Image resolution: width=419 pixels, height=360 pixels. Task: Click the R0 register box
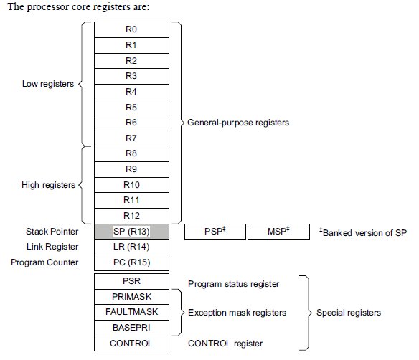point(131,29)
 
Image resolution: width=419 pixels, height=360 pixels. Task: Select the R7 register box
point(131,138)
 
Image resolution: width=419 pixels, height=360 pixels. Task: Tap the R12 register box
point(131,216)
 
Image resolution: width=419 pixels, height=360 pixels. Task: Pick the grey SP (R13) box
point(131,232)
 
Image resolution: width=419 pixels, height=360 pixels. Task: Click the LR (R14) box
point(131,247)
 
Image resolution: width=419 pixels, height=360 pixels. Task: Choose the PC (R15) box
point(131,262)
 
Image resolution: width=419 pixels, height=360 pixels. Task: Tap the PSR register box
point(131,281)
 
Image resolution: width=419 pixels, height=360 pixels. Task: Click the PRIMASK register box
point(131,297)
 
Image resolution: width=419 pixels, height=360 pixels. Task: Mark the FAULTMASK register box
point(131,312)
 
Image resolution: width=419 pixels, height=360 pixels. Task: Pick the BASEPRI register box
point(131,328)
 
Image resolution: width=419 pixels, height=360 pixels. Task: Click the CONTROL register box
point(131,344)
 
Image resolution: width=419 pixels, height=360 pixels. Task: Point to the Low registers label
point(48,84)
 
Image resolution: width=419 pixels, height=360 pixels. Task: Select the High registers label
point(48,185)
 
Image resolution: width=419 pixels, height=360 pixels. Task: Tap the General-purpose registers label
point(238,123)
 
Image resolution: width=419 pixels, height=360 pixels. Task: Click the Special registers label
point(348,313)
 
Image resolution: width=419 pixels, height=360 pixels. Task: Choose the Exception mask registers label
point(237,313)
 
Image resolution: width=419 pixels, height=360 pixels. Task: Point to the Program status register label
point(233,284)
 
